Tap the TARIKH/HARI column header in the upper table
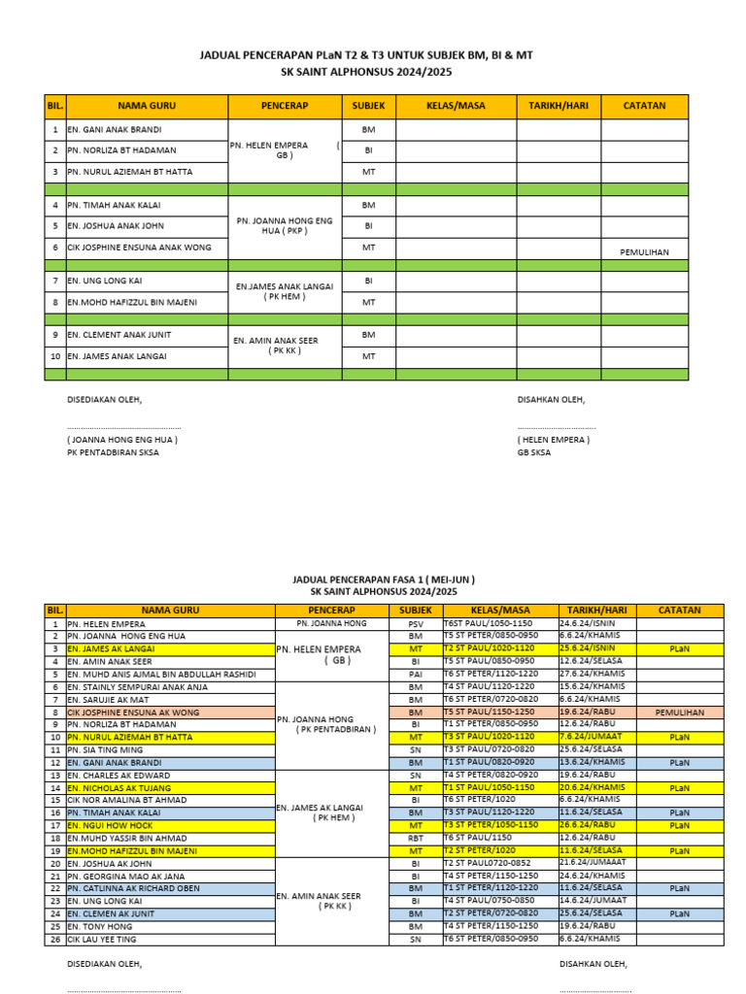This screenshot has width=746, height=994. (558, 106)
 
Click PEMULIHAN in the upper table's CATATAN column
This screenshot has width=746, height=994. (644, 252)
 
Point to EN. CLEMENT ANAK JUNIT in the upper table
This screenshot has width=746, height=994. (119, 335)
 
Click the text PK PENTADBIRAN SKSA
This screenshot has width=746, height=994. (113, 452)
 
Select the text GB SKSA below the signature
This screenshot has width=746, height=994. (533, 452)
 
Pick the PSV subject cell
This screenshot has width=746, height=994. (416, 623)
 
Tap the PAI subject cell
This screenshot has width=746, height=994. (416, 674)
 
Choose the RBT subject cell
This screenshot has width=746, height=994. (416, 838)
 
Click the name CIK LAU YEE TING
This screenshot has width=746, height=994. (101, 939)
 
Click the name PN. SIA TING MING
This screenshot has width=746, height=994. (104, 749)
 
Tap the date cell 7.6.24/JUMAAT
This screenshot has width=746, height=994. (592, 737)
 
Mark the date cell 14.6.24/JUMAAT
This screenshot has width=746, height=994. (593, 901)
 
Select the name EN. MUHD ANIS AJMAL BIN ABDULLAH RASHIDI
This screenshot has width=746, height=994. (161, 674)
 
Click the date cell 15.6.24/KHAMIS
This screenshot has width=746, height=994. (592, 686)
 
